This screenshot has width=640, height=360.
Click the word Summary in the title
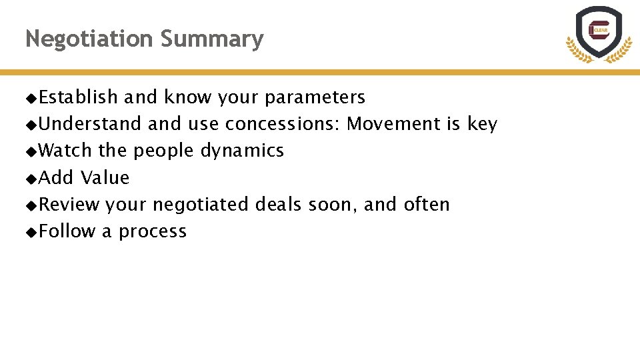click(212, 40)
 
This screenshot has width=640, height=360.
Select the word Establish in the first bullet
click(79, 97)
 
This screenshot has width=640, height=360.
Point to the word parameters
click(315, 98)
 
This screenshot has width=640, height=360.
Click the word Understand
click(90, 124)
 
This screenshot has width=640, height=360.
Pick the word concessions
click(283, 124)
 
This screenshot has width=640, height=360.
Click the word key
click(482, 125)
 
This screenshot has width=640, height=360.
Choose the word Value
click(105, 177)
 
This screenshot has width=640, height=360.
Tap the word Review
click(69, 204)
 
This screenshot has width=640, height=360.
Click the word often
click(427, 204)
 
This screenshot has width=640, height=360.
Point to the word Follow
click(67, 231)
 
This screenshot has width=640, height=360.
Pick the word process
click(153, 232)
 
